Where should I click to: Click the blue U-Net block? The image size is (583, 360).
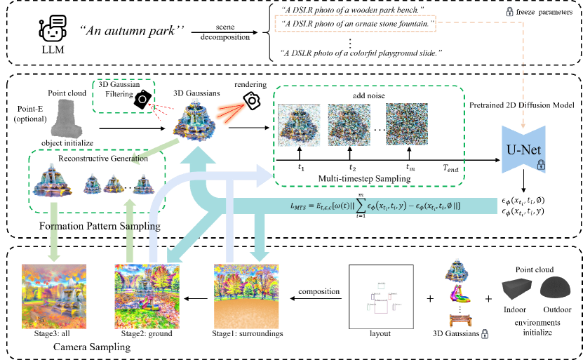pos(523,149)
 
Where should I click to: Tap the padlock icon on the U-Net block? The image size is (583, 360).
pos(541,165)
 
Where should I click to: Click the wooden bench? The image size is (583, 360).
pos(460,320)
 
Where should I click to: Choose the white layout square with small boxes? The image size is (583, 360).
pos(381,297)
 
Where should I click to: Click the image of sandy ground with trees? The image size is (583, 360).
pos(246,296)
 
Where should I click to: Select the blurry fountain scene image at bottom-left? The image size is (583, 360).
pos(54,296)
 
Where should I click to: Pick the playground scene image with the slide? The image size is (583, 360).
pos(147,296)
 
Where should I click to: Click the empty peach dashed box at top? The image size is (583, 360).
pos(354,23)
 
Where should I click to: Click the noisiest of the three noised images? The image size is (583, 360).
pos(406,124)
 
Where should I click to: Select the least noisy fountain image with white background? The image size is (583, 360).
pos(299,125)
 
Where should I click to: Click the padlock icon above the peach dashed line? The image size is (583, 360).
pos(509,11)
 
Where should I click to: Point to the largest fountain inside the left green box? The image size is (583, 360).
pos(53,180)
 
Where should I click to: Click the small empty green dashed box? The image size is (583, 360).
pos(123,95)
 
